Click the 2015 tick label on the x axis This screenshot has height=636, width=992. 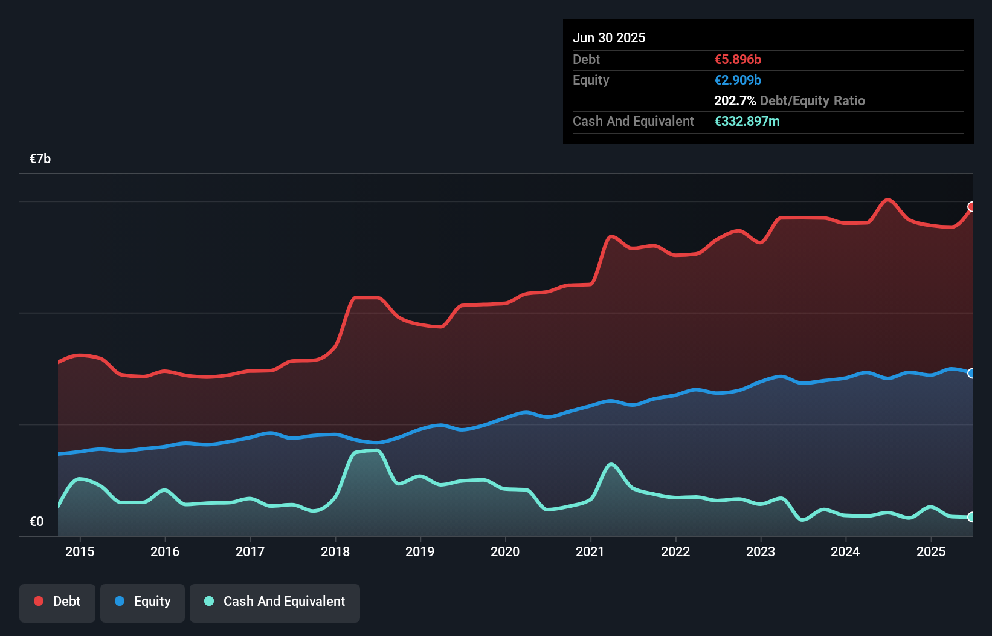tap(80, 551)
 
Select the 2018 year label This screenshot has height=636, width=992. tap(335, 551)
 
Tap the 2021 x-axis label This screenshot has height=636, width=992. tap(590, 551)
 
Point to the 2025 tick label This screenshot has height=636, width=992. tap(931, 551)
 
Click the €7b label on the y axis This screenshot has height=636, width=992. tap(40, 159)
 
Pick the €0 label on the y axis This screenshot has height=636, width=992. tap(37, 521)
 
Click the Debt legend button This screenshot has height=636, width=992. tap(57, 602)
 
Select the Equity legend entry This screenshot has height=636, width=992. tap(143, 602)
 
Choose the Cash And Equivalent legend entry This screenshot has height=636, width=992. tap(275, 602)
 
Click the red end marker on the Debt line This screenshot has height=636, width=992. tap(971, 207)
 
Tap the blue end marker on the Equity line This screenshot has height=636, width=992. tap(971, 374)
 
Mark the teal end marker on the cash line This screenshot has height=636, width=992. tap(971, 517)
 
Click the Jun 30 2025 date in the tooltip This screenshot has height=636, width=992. tap(609, 38)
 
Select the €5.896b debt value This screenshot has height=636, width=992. tap(738, 60)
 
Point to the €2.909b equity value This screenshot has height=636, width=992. tap(738, 80)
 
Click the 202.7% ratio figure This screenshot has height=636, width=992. tap(735, 101)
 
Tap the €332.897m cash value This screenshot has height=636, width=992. tap(747, 122)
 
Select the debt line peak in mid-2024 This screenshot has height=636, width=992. tap(887, 200)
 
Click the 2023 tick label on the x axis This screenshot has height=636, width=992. tap(761, 551)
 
